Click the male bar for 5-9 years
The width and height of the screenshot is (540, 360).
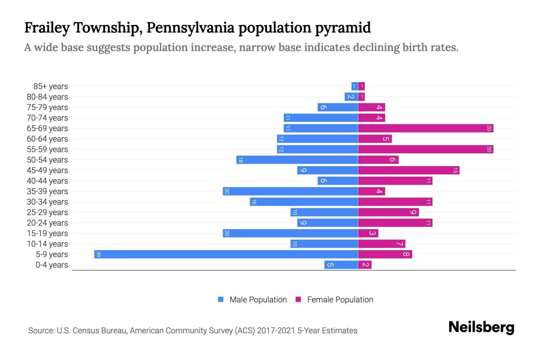pos(226,254)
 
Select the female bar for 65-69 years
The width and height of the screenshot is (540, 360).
pos(426,128)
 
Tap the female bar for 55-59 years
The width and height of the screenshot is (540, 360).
pos(426,149)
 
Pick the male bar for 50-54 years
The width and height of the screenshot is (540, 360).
pos(297,160)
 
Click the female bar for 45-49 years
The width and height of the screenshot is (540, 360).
pos(409,170)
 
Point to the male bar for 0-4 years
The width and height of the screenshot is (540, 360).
pos(341,265)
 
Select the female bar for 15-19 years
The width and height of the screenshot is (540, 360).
pos(368,233)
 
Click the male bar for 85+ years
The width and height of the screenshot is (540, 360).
pos(355,86)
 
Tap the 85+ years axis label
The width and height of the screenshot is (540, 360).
pos(51,86)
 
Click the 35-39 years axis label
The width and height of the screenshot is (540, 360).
pos(47,191)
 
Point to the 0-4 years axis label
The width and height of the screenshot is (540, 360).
pos(52,265)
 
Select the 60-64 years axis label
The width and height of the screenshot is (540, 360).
pos(47,139)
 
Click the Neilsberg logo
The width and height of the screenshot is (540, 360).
pos(481,327)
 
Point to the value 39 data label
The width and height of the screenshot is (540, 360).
pos(99,254)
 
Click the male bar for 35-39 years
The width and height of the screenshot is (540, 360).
pos(290,191)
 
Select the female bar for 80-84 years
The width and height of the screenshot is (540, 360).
pos(361,97)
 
